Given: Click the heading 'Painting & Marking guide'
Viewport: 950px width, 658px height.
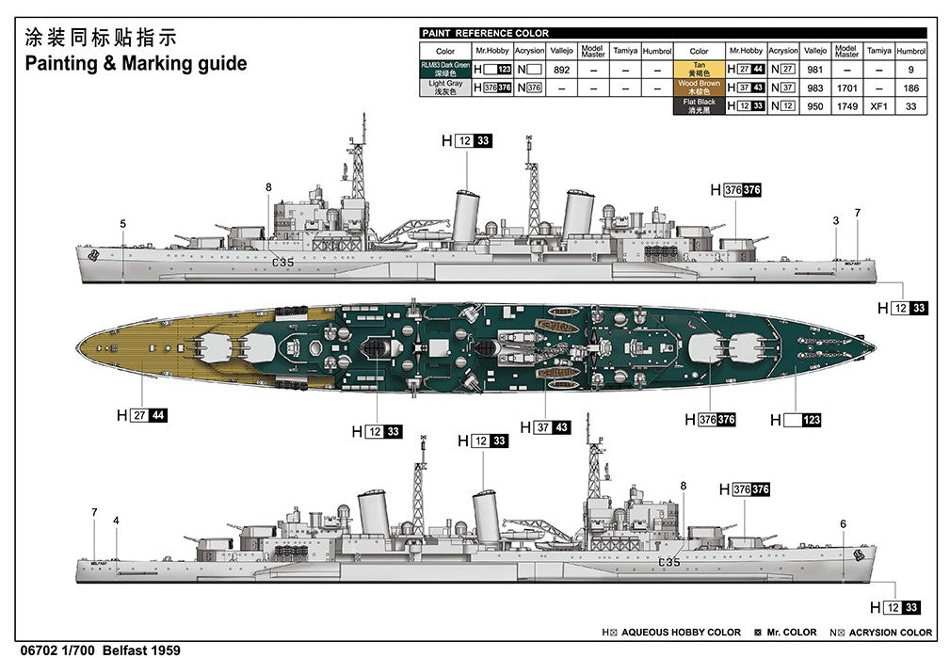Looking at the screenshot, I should point(136,64).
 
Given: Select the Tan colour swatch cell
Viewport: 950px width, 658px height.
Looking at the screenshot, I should point(699,69).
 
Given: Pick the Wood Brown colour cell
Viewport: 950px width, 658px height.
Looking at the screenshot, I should point(699,88).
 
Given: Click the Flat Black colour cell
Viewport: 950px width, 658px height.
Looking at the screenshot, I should point(699,105).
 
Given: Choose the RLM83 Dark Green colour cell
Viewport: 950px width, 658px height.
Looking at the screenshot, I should point(445,69).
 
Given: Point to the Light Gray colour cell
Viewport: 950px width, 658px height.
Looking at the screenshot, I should point(445,88).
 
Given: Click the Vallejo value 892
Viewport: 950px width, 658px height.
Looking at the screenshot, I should point(561,69).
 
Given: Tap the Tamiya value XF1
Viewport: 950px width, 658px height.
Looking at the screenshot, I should point(878,106).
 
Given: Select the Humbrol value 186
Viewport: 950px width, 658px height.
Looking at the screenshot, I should point(910,88).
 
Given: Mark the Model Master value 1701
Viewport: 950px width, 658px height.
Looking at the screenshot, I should point(846,88).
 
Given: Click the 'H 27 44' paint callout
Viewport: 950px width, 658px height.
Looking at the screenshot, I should point(141,415).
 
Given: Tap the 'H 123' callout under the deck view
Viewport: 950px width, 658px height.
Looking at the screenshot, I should point(796,420).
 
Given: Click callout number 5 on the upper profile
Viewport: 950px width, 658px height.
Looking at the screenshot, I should point(122,223).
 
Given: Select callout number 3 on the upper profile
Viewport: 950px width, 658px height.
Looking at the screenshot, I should point(835,220).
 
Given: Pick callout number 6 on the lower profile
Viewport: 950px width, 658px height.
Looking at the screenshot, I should point(843,523).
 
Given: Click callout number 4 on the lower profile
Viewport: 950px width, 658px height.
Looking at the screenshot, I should point(116,521).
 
